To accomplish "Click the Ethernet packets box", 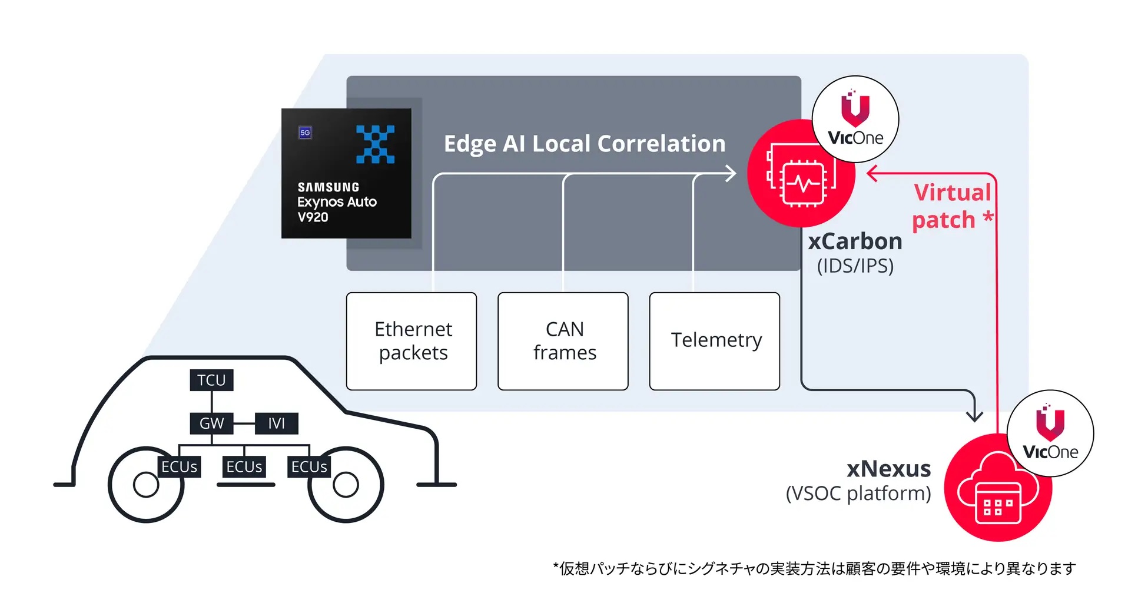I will click(412, 341).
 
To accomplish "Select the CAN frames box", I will click(563, 341).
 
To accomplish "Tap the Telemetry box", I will click(715, 341).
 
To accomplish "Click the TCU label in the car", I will click(211, 380).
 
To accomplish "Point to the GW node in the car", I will click(211, 423).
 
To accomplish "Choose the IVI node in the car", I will click(276, 423).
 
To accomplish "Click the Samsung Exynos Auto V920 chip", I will click(346, 173).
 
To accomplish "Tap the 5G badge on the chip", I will click(305, 133).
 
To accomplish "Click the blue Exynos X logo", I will click(375, 144).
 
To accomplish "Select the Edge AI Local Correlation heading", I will click(584, 144).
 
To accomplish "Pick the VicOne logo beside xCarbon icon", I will click(855, 120).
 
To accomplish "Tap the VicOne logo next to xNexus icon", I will click(1050, 433).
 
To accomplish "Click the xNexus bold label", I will click(888, 469).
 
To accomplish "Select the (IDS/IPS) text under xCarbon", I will click(855, 266).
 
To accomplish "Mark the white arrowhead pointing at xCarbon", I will click(731, 174).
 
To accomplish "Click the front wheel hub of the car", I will click(346, 485).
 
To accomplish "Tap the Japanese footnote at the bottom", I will click(814, 568).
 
